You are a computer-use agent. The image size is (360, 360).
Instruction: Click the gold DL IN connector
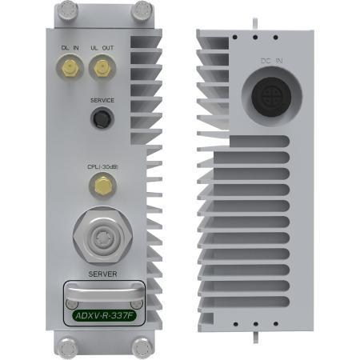(69, 71)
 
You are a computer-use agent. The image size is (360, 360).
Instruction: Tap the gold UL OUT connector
(102, 71)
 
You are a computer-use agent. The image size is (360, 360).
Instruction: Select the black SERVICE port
(102, 120)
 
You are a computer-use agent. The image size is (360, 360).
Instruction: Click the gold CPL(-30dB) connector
(102, 187)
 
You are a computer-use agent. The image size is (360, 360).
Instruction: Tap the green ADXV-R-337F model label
(102, 315)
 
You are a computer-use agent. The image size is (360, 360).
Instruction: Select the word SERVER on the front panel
(102, 274)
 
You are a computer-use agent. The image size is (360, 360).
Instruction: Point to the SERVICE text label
(102, 101)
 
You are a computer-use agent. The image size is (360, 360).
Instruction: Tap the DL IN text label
(70, 50)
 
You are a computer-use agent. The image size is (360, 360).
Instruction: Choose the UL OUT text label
(102, 50)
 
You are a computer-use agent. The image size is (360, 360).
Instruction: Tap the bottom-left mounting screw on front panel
(65, 346)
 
